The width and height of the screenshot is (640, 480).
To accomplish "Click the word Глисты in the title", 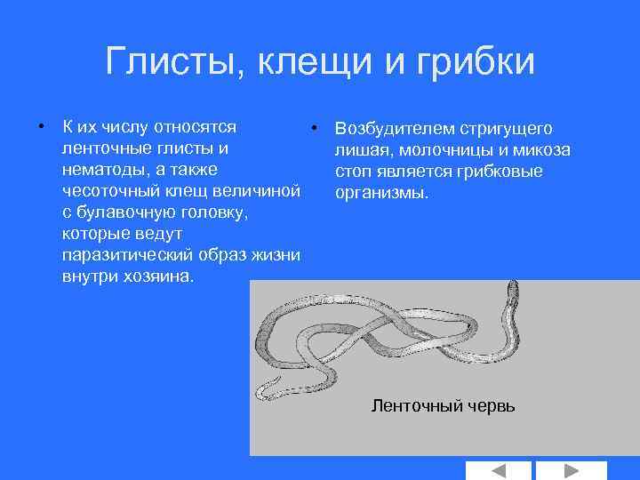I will pyautogui.click(x=173, y=62).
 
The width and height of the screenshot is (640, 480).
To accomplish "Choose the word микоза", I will pyautogui.click(x=542, y=149).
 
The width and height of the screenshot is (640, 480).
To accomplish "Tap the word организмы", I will pyautogui.click(x=381, y=192).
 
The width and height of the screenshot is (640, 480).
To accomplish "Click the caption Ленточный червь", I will pyautogui.click(x=442, y=406).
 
